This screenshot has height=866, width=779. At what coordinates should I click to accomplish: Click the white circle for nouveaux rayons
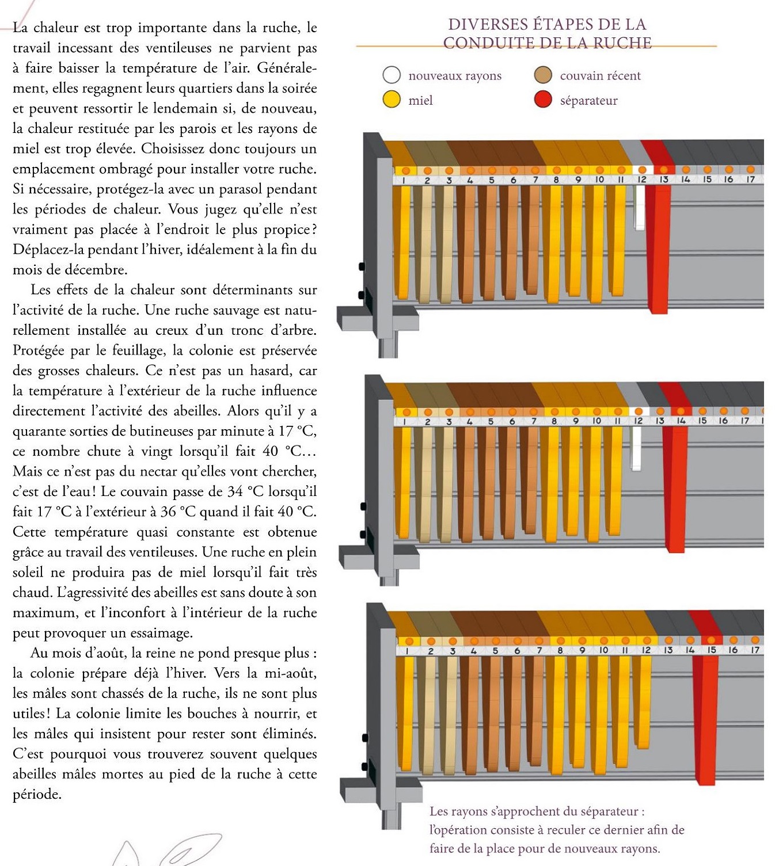(392, 75)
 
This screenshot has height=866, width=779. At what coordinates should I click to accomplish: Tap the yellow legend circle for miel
(392, 100)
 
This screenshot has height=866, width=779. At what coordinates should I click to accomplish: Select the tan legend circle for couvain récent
(543, 75)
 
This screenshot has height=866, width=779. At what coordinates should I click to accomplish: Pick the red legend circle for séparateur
(543, 100)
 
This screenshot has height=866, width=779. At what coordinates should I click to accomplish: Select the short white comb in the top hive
(639, 207)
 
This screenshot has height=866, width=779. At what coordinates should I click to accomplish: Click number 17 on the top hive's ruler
(750, 180)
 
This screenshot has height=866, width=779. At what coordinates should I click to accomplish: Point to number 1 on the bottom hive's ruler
(408, 651)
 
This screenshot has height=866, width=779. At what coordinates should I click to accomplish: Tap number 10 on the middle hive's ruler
(596, 421)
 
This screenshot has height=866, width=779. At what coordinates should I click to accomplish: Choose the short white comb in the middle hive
(636, 449)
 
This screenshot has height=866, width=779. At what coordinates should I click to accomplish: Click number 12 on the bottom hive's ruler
(646, 651)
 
